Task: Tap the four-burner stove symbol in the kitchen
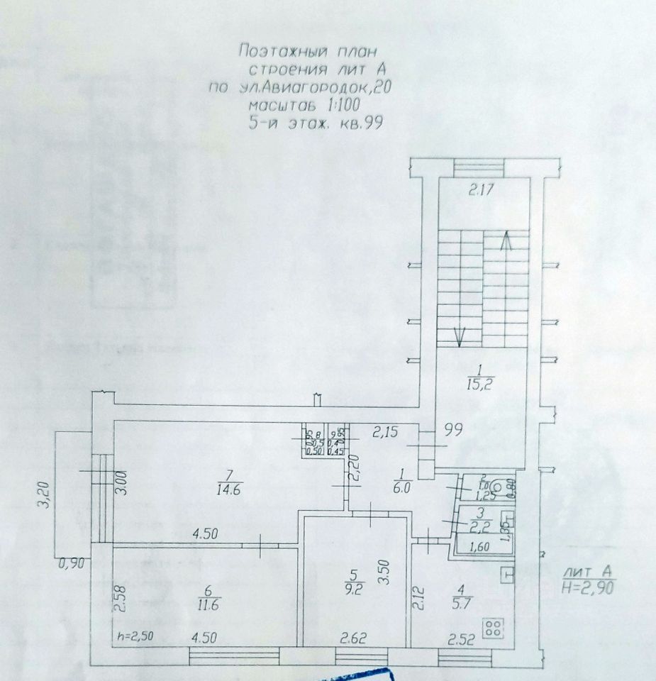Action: (494, 626)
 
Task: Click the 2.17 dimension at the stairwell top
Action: (482, 189)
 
